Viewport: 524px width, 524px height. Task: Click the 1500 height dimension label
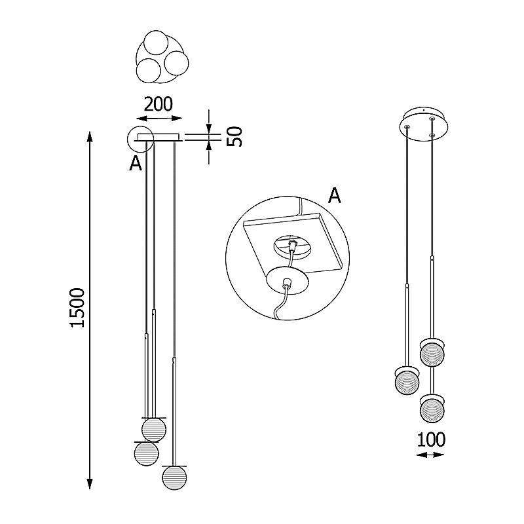pos(77,307)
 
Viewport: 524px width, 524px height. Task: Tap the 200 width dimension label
pos(159,104)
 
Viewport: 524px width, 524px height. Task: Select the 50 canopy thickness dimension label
pos(234,136)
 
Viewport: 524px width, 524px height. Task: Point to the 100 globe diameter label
pos(431,440)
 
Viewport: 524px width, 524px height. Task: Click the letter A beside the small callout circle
pos(136,163)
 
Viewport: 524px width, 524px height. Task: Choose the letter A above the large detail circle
pos(334,195)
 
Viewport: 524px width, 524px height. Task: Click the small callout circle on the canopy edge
pos(128,140)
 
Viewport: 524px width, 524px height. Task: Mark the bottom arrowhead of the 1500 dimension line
pos(89,483)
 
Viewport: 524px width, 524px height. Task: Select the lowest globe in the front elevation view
pos(174,478)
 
